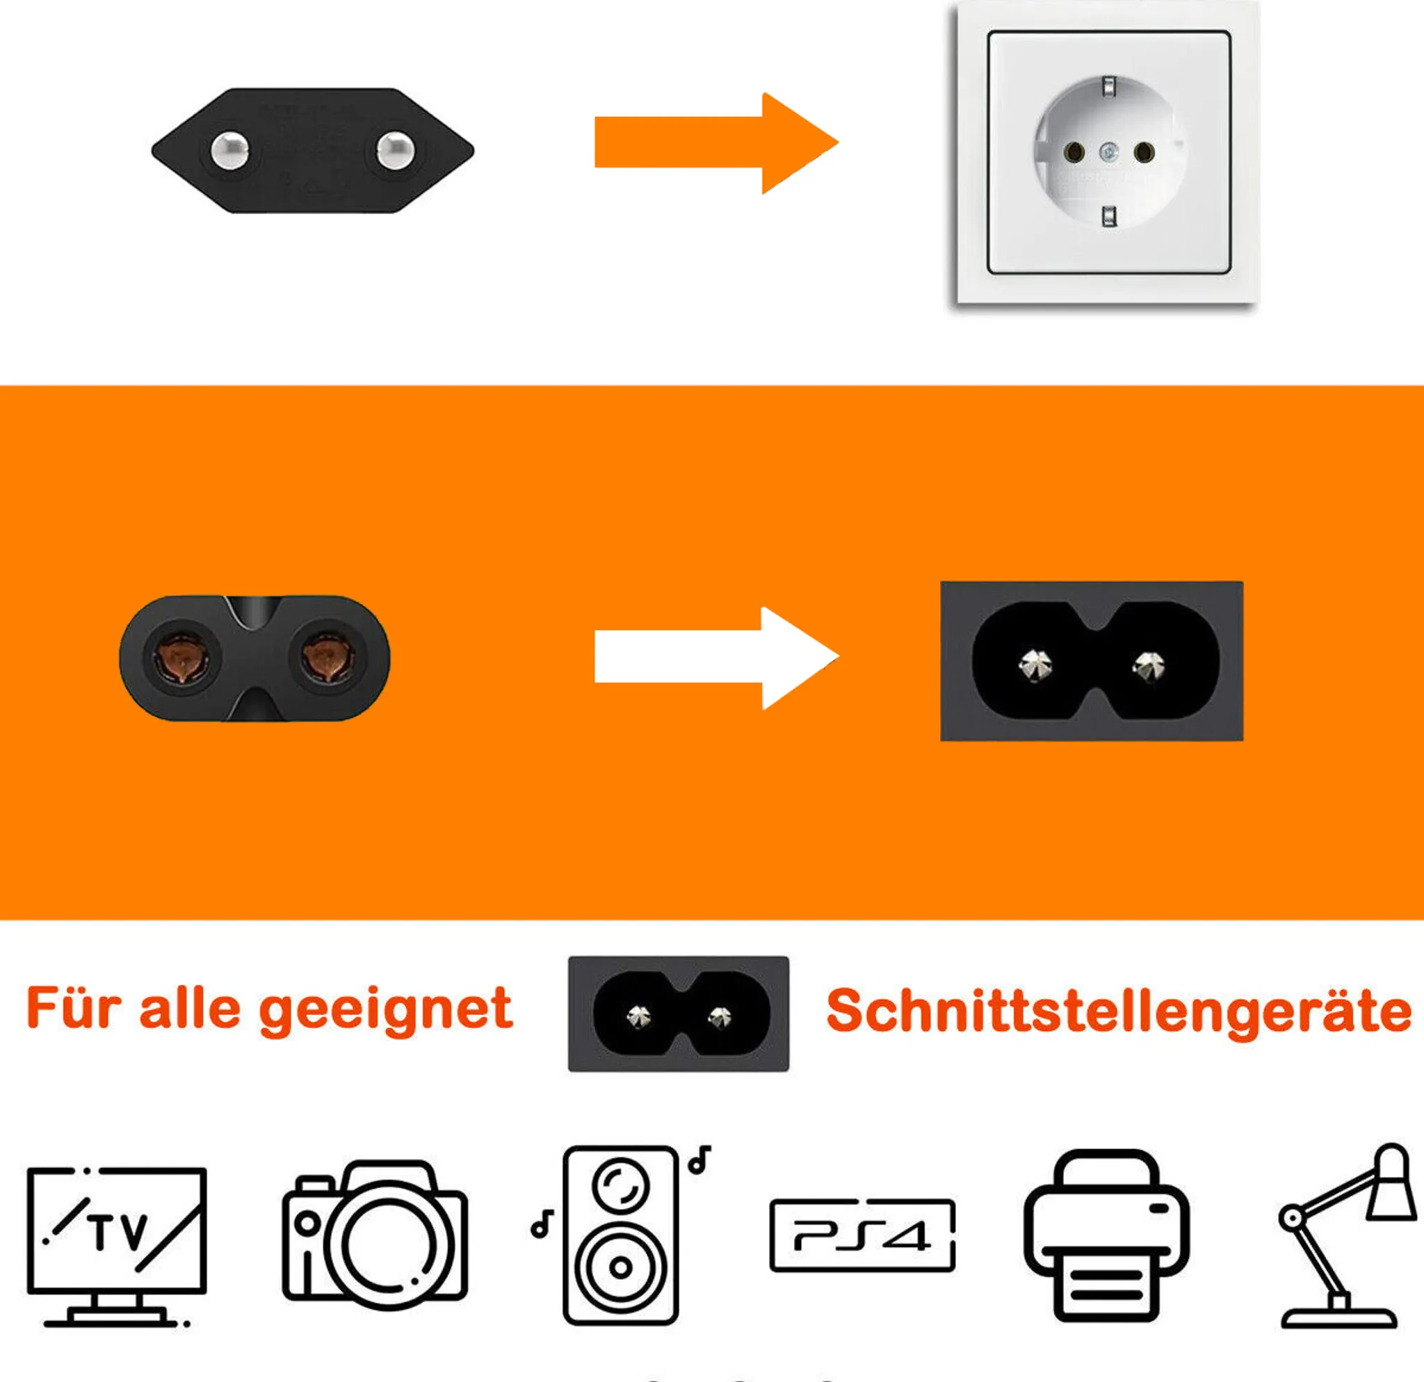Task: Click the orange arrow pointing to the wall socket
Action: [x=715, y=143]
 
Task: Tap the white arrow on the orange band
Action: [x=715, y=657]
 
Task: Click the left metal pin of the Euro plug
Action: [x=229, y=150]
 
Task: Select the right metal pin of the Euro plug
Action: [x=395, y=150]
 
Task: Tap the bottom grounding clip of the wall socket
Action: [x=1110, y=216]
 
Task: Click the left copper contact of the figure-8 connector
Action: [x=180, y=657]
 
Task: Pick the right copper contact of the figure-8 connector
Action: [x=328, y=657]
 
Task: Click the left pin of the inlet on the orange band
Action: [x=1034, y=666]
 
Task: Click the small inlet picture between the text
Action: [x=679, y=1014]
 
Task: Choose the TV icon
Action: [x=117, y=1247]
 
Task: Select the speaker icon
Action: [x=621, y=1235]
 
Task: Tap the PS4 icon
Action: [x=862, y=1235]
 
